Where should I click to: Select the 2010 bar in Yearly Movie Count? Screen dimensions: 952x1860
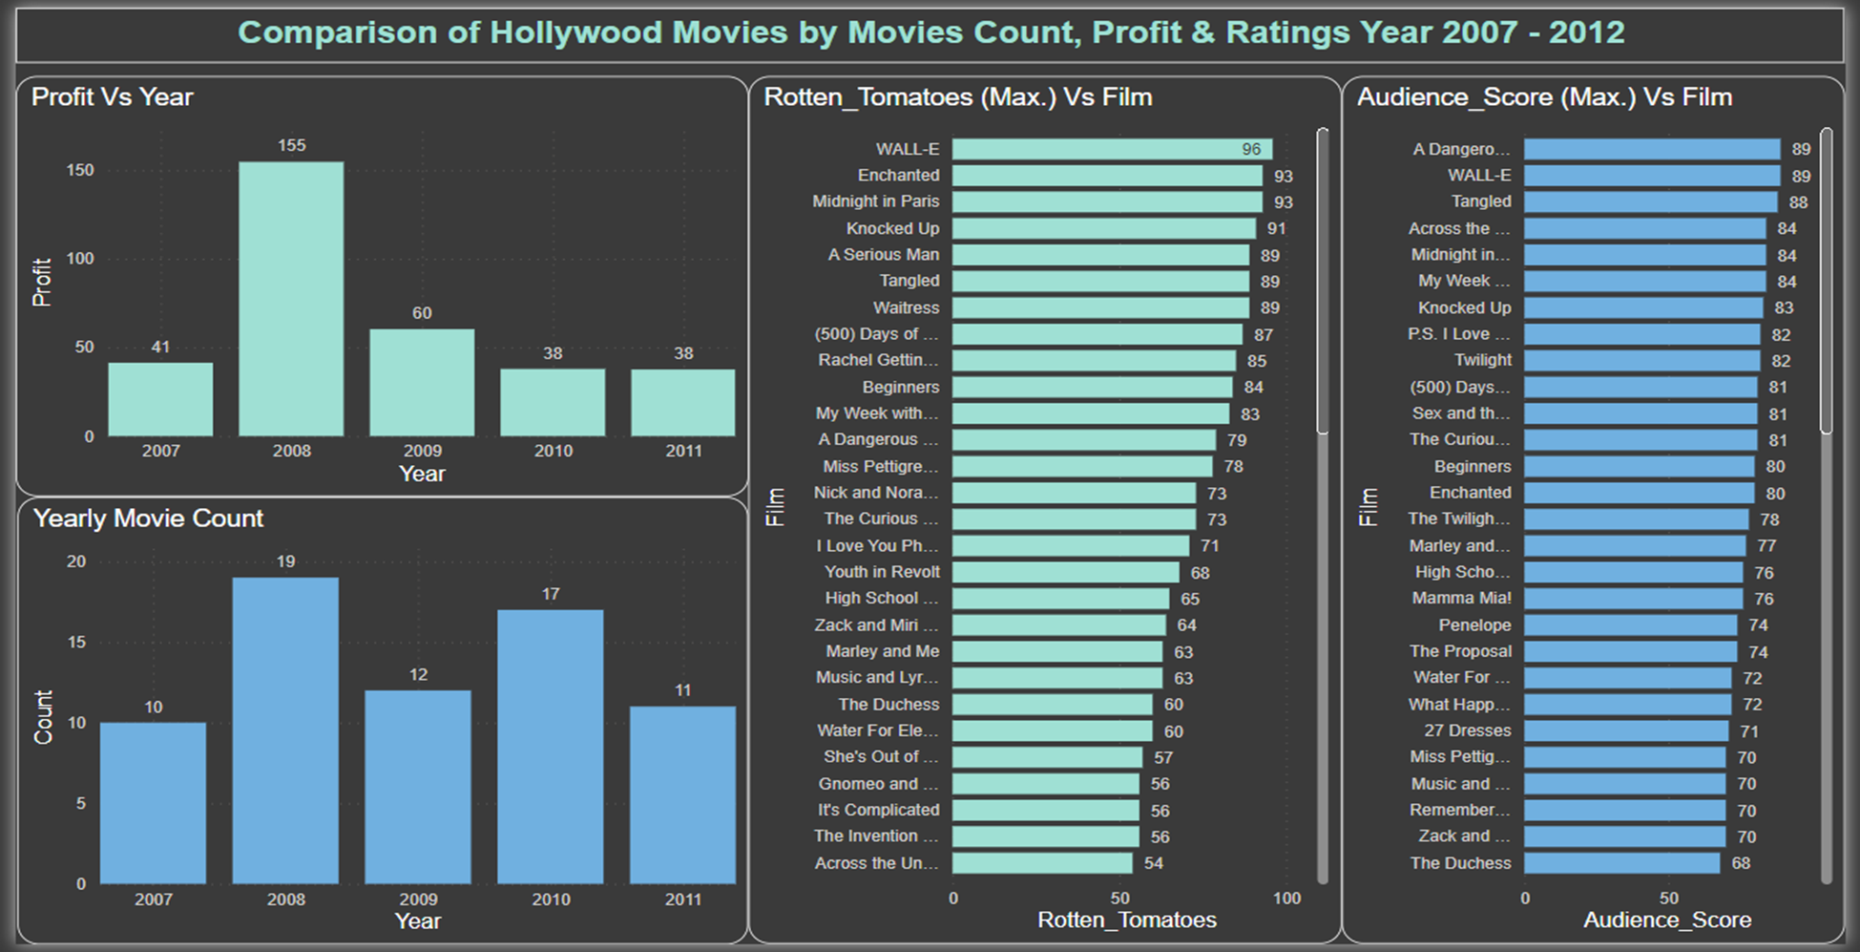[551, 746]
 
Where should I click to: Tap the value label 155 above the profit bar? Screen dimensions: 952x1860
[291, 145]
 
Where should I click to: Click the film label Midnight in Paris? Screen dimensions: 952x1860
[875, 201]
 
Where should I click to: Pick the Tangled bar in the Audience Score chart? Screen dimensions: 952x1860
[1650, 201]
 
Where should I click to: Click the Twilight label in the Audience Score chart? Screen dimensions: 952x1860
[1482, 360]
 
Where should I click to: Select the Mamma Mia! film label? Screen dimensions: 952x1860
[1461, 598]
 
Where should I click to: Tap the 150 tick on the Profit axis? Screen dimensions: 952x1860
[80, 170]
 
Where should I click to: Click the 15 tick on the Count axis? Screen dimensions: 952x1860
[76, 642]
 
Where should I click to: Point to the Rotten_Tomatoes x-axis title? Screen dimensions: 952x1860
[1126, 920]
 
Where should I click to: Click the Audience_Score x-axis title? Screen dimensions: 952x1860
[1666, 920]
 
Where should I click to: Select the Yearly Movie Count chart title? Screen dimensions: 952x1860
[148, 518]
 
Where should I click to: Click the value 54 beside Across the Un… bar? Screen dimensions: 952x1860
[1153, 863]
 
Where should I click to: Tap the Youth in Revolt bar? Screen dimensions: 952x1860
[1065, 572]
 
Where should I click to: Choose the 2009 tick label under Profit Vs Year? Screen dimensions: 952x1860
[422, 451]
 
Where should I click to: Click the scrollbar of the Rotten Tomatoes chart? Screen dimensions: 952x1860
[1323, 282]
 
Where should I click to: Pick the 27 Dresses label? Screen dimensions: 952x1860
[1467, 730]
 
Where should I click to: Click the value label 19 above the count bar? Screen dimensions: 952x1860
[285, 561]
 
